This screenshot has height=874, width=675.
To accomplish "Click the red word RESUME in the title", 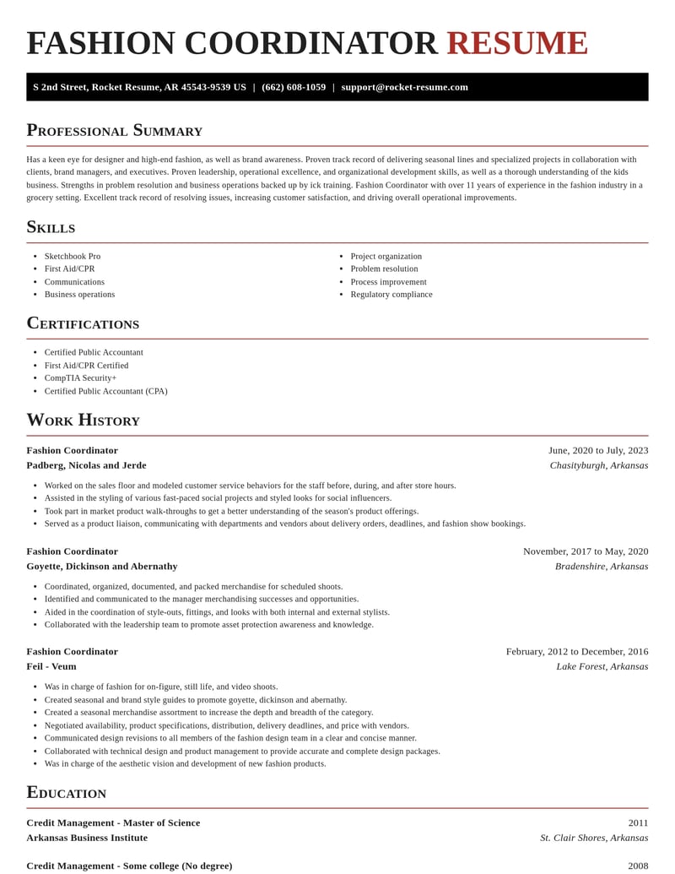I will (x=516, y=44).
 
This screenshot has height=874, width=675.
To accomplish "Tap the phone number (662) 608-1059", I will (x=294, y=87).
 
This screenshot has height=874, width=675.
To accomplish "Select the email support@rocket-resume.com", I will (x=404, y=87).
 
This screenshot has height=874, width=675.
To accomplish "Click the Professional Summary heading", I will (x=114, y=131).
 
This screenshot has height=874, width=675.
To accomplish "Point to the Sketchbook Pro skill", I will (x=73, y=257).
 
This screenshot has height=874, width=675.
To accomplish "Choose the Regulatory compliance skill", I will (x=391, y=295).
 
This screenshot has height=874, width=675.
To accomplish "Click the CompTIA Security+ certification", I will (x=80, y=378).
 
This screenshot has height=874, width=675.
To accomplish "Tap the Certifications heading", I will (x=83, y=323).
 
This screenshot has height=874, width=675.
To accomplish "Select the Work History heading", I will (x=83, y=421).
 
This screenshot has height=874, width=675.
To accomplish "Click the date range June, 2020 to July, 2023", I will (x=598, y=451).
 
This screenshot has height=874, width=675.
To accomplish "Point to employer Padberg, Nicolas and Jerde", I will (x=86, y=465).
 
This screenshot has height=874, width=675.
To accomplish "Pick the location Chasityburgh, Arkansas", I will (x=599, y=465).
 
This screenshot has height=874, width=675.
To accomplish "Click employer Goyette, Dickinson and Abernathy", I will (x=102, y=567).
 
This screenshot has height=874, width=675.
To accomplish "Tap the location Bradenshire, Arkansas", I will (x=602, y=567).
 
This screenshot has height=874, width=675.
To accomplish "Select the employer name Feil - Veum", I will (x=51, y=667).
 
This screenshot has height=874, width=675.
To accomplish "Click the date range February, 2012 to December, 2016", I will (x=577, y=652).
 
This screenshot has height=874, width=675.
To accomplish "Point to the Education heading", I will (x=66, y=793).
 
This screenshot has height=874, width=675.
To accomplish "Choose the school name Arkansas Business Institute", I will (x=87, y=839).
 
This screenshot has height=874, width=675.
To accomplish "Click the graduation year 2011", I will (x=638, y=823).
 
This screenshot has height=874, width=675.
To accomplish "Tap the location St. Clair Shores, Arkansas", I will (x=594, y=839).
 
